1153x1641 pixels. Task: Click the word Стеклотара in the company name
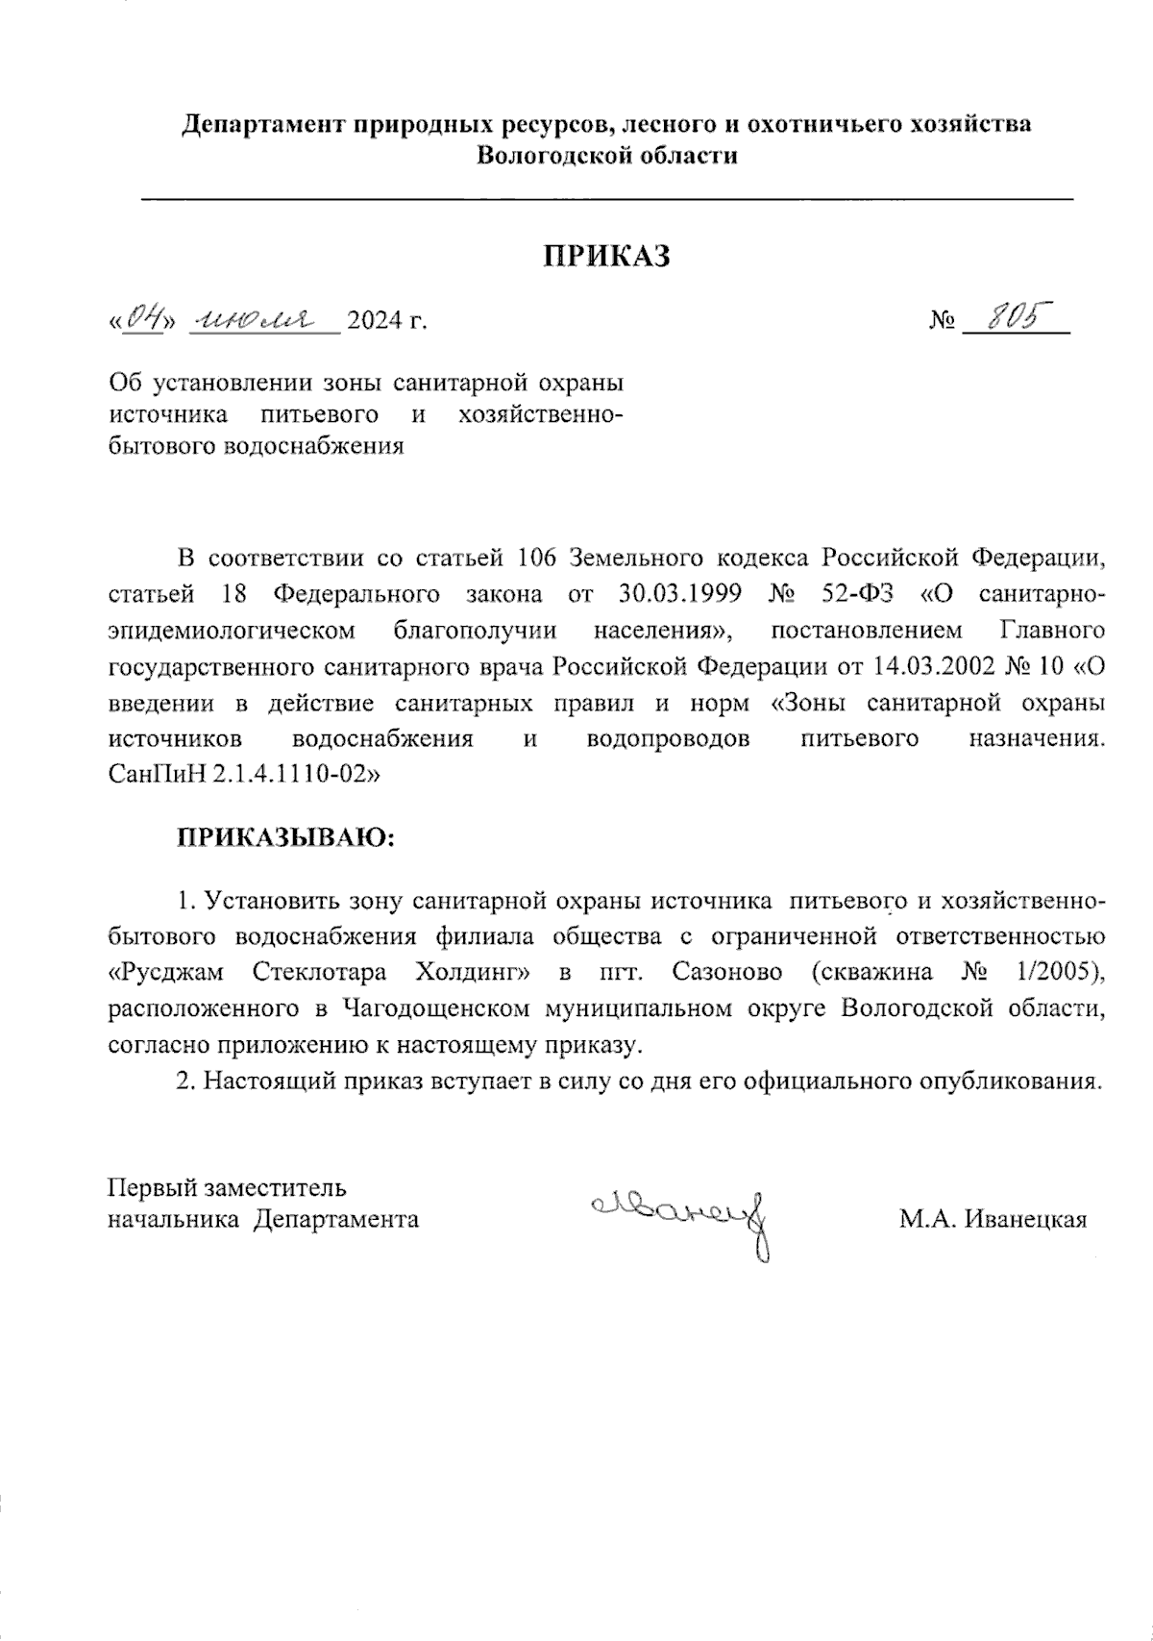(x=320, y=972)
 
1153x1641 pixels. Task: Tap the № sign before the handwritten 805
(x=943, y=321)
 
